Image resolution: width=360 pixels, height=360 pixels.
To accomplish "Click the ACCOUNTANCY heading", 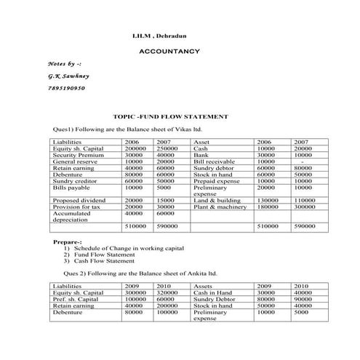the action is click(169, 52).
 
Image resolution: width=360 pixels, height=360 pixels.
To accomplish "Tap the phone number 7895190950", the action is click(66, 87).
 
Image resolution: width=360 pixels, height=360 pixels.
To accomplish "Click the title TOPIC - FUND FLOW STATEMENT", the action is click(171, 116).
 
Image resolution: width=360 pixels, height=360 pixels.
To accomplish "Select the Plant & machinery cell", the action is click(220, 207).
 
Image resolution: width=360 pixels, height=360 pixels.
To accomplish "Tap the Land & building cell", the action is click(217, 200).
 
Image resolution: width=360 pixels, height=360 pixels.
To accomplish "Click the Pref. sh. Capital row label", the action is click(76, 299).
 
